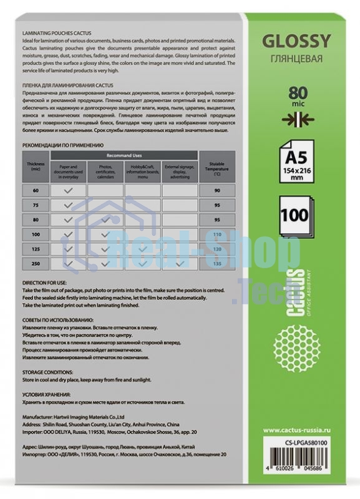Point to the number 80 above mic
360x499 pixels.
click(x=296, y=94)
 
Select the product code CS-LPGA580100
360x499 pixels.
click(x=305, y=443)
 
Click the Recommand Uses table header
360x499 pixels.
click(x=124, y=153)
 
